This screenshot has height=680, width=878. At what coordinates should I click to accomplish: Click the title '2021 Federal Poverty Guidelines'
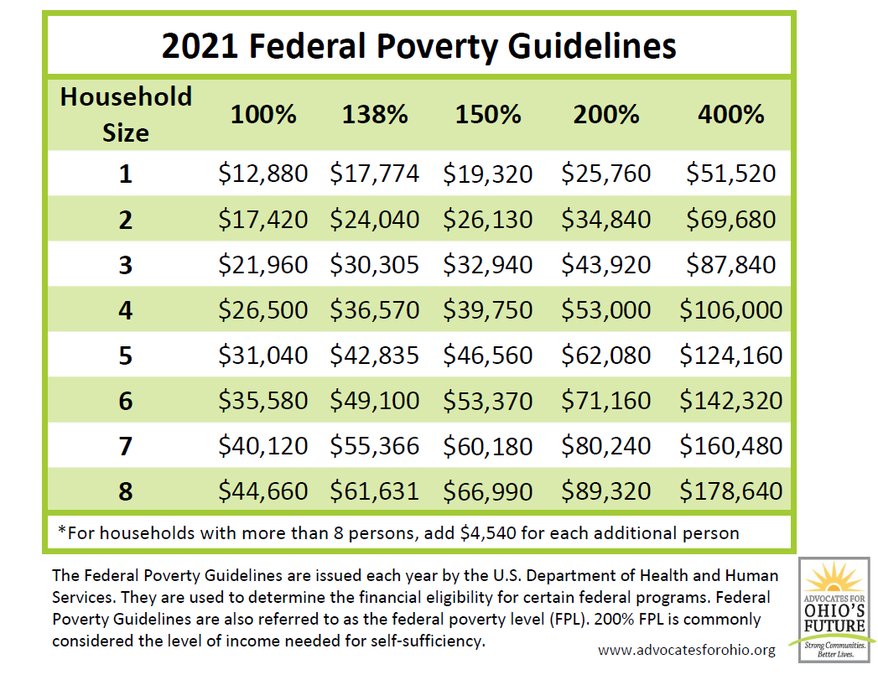(x=418, y=46)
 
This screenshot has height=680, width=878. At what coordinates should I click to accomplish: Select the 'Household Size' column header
(x=126, y=114)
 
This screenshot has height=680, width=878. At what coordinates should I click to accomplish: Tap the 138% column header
(x=374, y=114)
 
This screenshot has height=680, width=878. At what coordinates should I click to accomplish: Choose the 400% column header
(x=730, y=114)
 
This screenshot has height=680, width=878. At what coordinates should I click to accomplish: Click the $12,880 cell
(x=262, y=174)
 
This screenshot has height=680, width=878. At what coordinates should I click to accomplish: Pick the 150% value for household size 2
(x=487, y=220)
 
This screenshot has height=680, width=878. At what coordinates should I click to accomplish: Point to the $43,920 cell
(x=605, y=265)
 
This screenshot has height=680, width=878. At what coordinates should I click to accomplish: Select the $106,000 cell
(x=730, y=310)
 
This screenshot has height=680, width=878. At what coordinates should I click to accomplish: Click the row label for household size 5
(x=126, y=356)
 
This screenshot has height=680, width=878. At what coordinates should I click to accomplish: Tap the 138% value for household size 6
(x=374, y=401)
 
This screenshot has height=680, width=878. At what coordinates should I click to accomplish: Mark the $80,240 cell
(x=605, y=446)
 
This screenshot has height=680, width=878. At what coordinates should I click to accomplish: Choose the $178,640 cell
(x=730, y=491)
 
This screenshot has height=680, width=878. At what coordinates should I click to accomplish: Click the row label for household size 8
(x=126, y=491)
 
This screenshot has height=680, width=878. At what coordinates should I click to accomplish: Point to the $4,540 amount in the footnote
(x=489, y=533)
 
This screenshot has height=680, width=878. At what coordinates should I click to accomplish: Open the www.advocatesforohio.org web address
(x=687, y=650)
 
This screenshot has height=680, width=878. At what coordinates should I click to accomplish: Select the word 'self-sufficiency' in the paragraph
(x=439, y=640)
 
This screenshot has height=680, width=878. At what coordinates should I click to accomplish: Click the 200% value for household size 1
(x=605, y=174)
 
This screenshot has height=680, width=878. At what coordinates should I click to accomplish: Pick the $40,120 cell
(x=262, y=446)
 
